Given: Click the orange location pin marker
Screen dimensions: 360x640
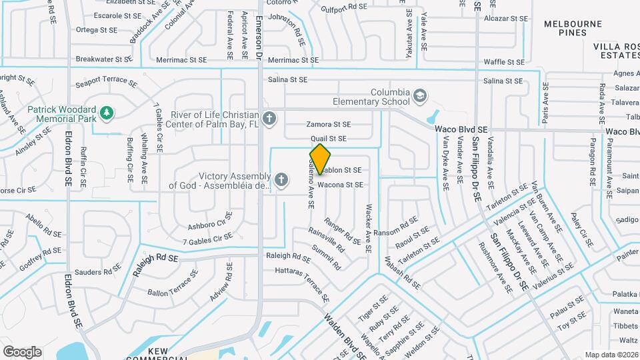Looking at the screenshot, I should pyautogui.click(x=320, y=159).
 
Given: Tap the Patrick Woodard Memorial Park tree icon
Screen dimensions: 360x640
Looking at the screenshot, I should pyautogui.click(x=106, y=113).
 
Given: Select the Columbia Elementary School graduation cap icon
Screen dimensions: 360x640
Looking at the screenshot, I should pyautogui.click(x=419, y=97).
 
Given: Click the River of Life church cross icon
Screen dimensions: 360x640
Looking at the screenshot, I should pyautogui.click(x=269, y=119).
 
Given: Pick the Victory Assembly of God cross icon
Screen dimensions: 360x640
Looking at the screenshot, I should pyautogui.click(x=281, y=179).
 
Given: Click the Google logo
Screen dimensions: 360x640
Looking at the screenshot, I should pyautogui.click(x=22, y=351).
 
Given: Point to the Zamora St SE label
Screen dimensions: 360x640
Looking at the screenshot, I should pyautogui.click(x=328, y=124).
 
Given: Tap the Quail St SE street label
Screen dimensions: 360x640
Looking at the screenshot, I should pyautogui.click(x=329, y=139).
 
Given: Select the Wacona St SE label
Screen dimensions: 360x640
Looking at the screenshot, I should pyautogui.click(x=340, y=185).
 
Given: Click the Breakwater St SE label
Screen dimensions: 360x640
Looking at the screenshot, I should pyautogui.click(x=98, y=59).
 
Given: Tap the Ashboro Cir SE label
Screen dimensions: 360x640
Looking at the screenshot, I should pyautogui.click(x=210, y=221).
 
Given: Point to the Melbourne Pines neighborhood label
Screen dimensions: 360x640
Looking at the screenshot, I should pyautogui.click(x=573, y=28).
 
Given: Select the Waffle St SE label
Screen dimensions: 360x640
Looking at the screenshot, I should pyautogui.click(x=505, y=62).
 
